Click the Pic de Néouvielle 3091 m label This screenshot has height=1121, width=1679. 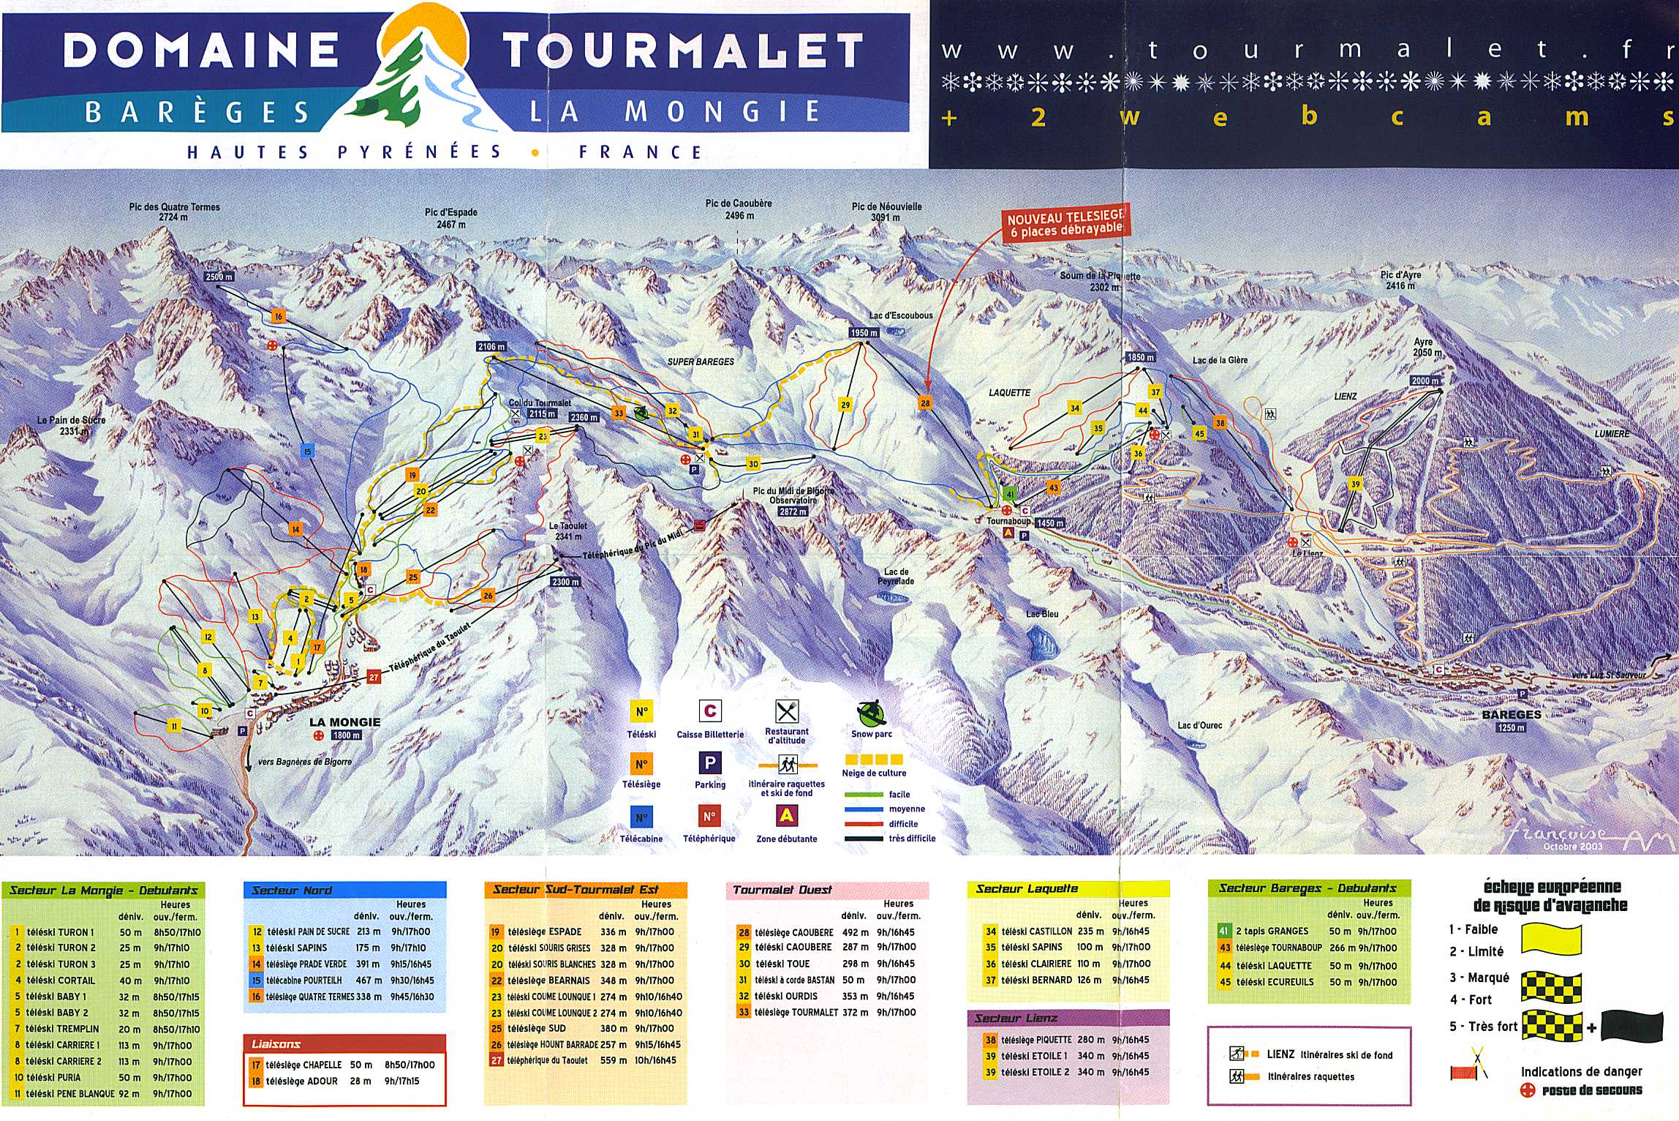[886, 211]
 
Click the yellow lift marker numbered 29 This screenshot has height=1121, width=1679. [845, 405]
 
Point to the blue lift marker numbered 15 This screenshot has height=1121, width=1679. [307, 451]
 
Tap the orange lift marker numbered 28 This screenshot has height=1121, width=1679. [925, 403]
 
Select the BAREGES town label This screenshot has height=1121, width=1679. [1511, 714]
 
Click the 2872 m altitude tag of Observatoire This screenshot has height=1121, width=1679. [792, 511]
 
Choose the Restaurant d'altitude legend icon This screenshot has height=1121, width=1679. [786, 711]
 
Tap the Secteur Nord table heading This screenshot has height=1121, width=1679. [293, 891]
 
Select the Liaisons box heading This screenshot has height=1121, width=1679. [276, 1044]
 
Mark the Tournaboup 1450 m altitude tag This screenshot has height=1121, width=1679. [1049, 523]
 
